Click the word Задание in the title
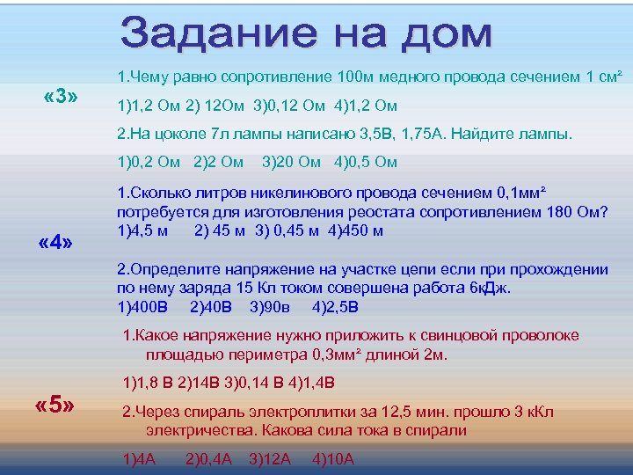(215, 33)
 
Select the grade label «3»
(62, 95)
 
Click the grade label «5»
(55, 406)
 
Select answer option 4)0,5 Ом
(366, 162)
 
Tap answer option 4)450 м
(360, 230)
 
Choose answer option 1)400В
(147, 307)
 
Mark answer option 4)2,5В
(335, 307)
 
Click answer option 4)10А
(333, 458)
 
